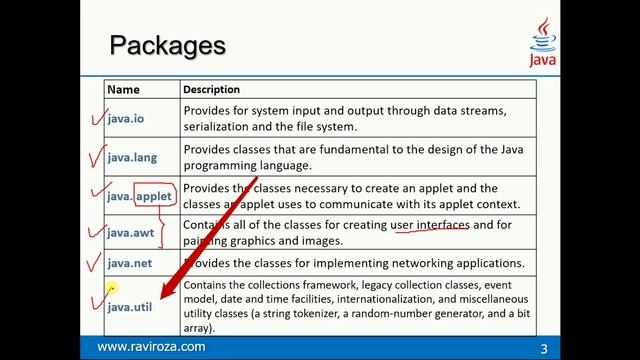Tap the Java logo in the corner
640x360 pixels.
point(541,43)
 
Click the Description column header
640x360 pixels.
point(211,89)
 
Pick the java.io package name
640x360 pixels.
point(125,118)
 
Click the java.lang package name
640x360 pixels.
point(132,157)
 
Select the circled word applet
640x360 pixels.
point(153,196)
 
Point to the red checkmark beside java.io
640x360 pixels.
point(96,118)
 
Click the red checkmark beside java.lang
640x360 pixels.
point(97,156)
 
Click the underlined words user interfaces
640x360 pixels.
point(429,225)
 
